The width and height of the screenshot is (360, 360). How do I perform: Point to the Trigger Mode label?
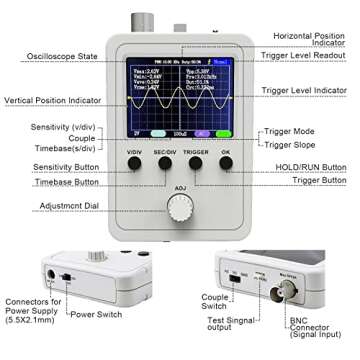click(x=291, y=132)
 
